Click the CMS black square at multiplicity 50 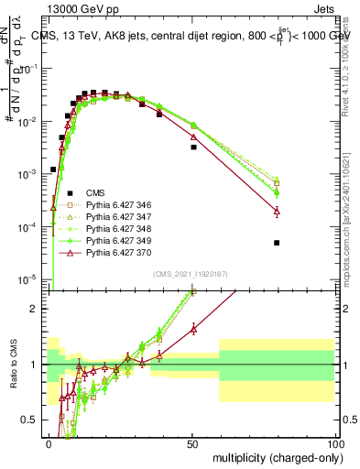coord(193,147)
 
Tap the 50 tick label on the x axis coord(191,443)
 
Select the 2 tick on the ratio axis coord(40,309)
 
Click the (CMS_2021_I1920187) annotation coord(191,273)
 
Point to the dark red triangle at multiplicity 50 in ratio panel coord(193,328)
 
